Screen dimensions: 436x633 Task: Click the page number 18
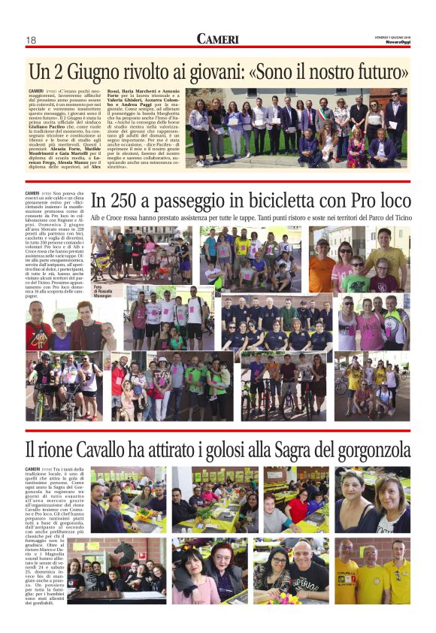point(32,40)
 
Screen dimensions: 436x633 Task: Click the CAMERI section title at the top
point(218,39)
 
